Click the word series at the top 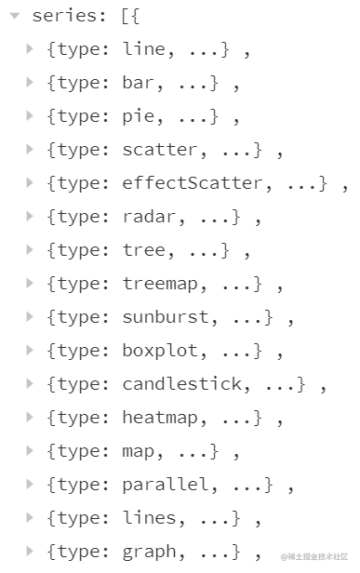click(x=62, y=17)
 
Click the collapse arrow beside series click(x=15, y=16)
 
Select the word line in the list click(x=140, y=50)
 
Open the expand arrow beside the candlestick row click(x=31, y=384)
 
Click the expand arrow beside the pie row click(x=31, y=116)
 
